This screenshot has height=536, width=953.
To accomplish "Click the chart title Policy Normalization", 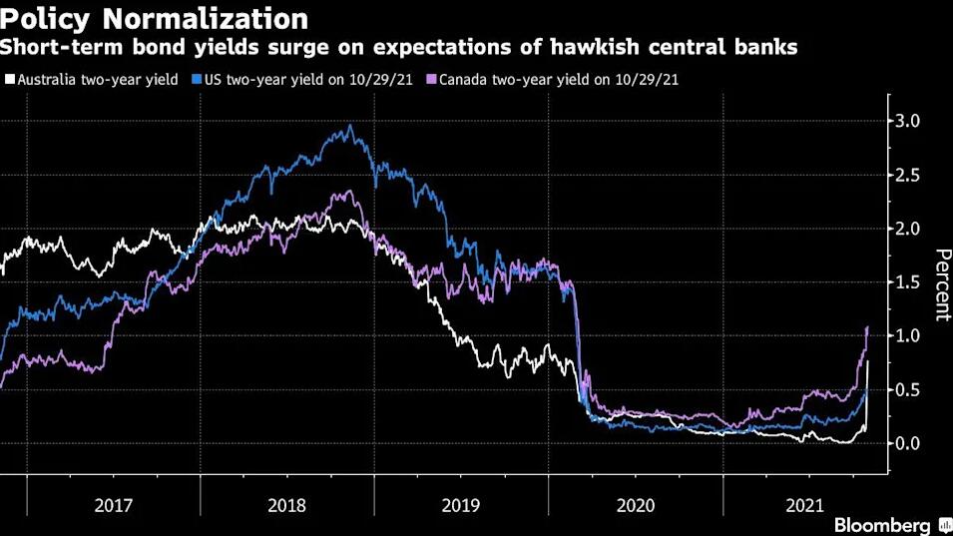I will pos(154,18).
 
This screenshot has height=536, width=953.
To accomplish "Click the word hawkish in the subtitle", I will pos(561,47).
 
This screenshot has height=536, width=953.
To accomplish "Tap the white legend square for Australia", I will pos(9,78).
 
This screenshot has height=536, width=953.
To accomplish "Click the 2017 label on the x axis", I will pos(113,506).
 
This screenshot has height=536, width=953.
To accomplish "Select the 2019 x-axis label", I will pos(461,506).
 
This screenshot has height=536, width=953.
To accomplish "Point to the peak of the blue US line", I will pos(349,126).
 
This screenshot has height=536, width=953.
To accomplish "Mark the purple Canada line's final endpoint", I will pos(868,326).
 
